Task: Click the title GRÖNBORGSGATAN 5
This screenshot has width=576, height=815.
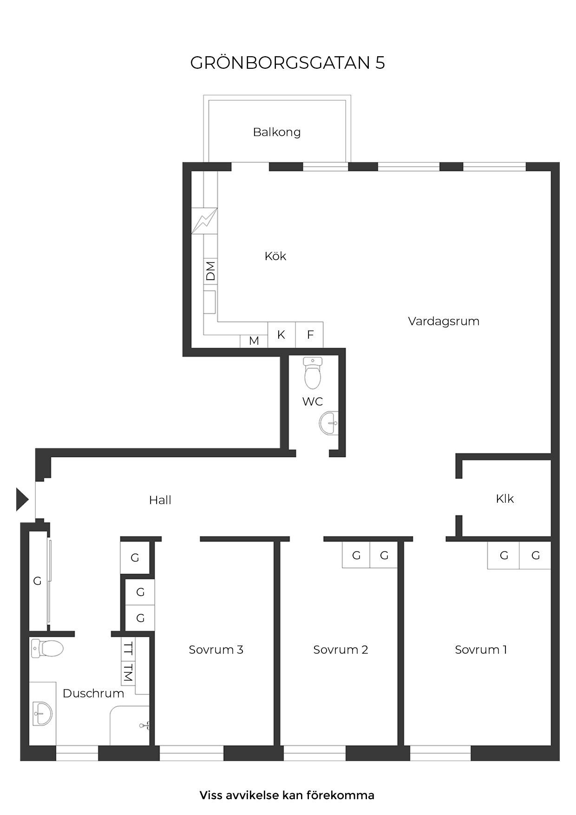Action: click(x=288, y=63)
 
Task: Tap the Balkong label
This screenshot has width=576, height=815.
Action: click(x=277, y=132)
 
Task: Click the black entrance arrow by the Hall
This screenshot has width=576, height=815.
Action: click(x=22, y=500)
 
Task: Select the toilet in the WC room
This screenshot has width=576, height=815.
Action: click(x=313, y=373)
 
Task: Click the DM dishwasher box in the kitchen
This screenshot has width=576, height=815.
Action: click(x=210, y=271)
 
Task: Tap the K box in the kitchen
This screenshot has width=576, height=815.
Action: click(x=281, y=335)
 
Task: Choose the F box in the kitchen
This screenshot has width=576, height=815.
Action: click(x=309, y=335)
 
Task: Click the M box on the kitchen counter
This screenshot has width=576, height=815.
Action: click(x=254, y=341)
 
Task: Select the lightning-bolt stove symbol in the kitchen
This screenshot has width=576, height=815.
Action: click(x=204, y=221)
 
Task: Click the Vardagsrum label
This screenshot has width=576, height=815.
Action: click(x=444, y=321)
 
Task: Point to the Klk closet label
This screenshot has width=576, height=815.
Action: click(x=505, y=499)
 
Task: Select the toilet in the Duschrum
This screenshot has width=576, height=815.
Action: click(x=47, y=648)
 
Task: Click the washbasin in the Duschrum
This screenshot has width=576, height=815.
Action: click(x=42, y=713)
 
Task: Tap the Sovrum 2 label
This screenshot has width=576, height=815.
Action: click(x=340, y=650)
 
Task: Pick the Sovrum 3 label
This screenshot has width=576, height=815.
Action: click(x=216, y=650)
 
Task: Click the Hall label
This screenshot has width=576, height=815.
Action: click(x=160, y=500)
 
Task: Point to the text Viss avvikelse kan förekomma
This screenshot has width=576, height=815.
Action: click(x=287, y=795)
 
